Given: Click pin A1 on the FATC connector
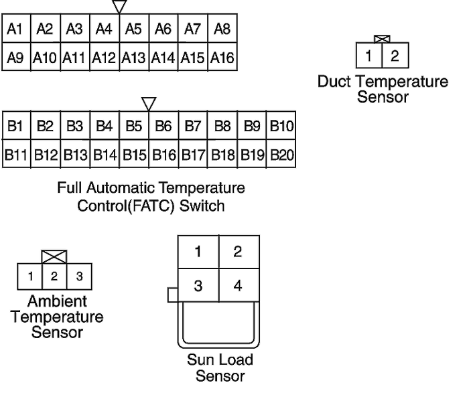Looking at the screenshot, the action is (16, 28).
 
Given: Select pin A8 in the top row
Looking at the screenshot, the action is (222, 28).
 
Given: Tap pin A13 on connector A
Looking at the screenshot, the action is (134, 56).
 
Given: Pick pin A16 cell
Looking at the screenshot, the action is (222, 56).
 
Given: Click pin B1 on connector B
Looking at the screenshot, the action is (17, 125).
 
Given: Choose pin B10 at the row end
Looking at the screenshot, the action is (281, 125).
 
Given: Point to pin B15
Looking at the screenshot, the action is (134, 153).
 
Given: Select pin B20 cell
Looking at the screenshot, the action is (281, 153).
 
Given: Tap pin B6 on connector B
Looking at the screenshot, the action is (163, 125).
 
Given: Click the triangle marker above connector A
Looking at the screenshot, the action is (119, 6).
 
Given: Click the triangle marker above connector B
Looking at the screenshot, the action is (149, 104).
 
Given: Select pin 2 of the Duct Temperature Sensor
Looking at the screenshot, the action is (395, 56).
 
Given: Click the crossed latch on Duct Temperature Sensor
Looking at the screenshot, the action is (383, 39).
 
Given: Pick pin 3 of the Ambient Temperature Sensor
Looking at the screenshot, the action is (79, 277).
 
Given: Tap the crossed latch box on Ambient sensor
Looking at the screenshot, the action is (54, 257).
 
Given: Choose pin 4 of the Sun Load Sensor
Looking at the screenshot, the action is (239, 285).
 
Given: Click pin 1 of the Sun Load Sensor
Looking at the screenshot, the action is (198, 252).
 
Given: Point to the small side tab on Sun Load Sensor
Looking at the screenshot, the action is (173, 295).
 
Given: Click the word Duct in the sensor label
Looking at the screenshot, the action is (334, 82).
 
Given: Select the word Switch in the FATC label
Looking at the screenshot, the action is (202, 206).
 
